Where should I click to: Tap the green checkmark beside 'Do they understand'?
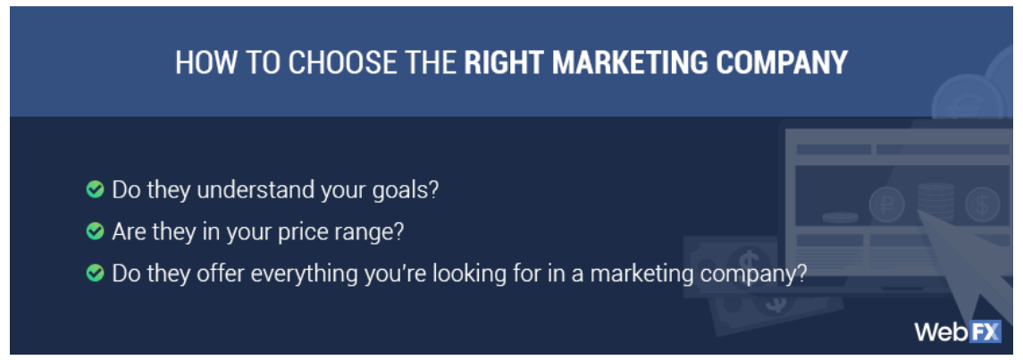coord(96,189)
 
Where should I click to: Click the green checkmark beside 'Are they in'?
coord(96,231)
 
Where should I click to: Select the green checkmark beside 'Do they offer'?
coord(96,273)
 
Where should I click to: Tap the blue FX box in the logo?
coord(983,332)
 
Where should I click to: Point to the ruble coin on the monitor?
coord(887,205)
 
